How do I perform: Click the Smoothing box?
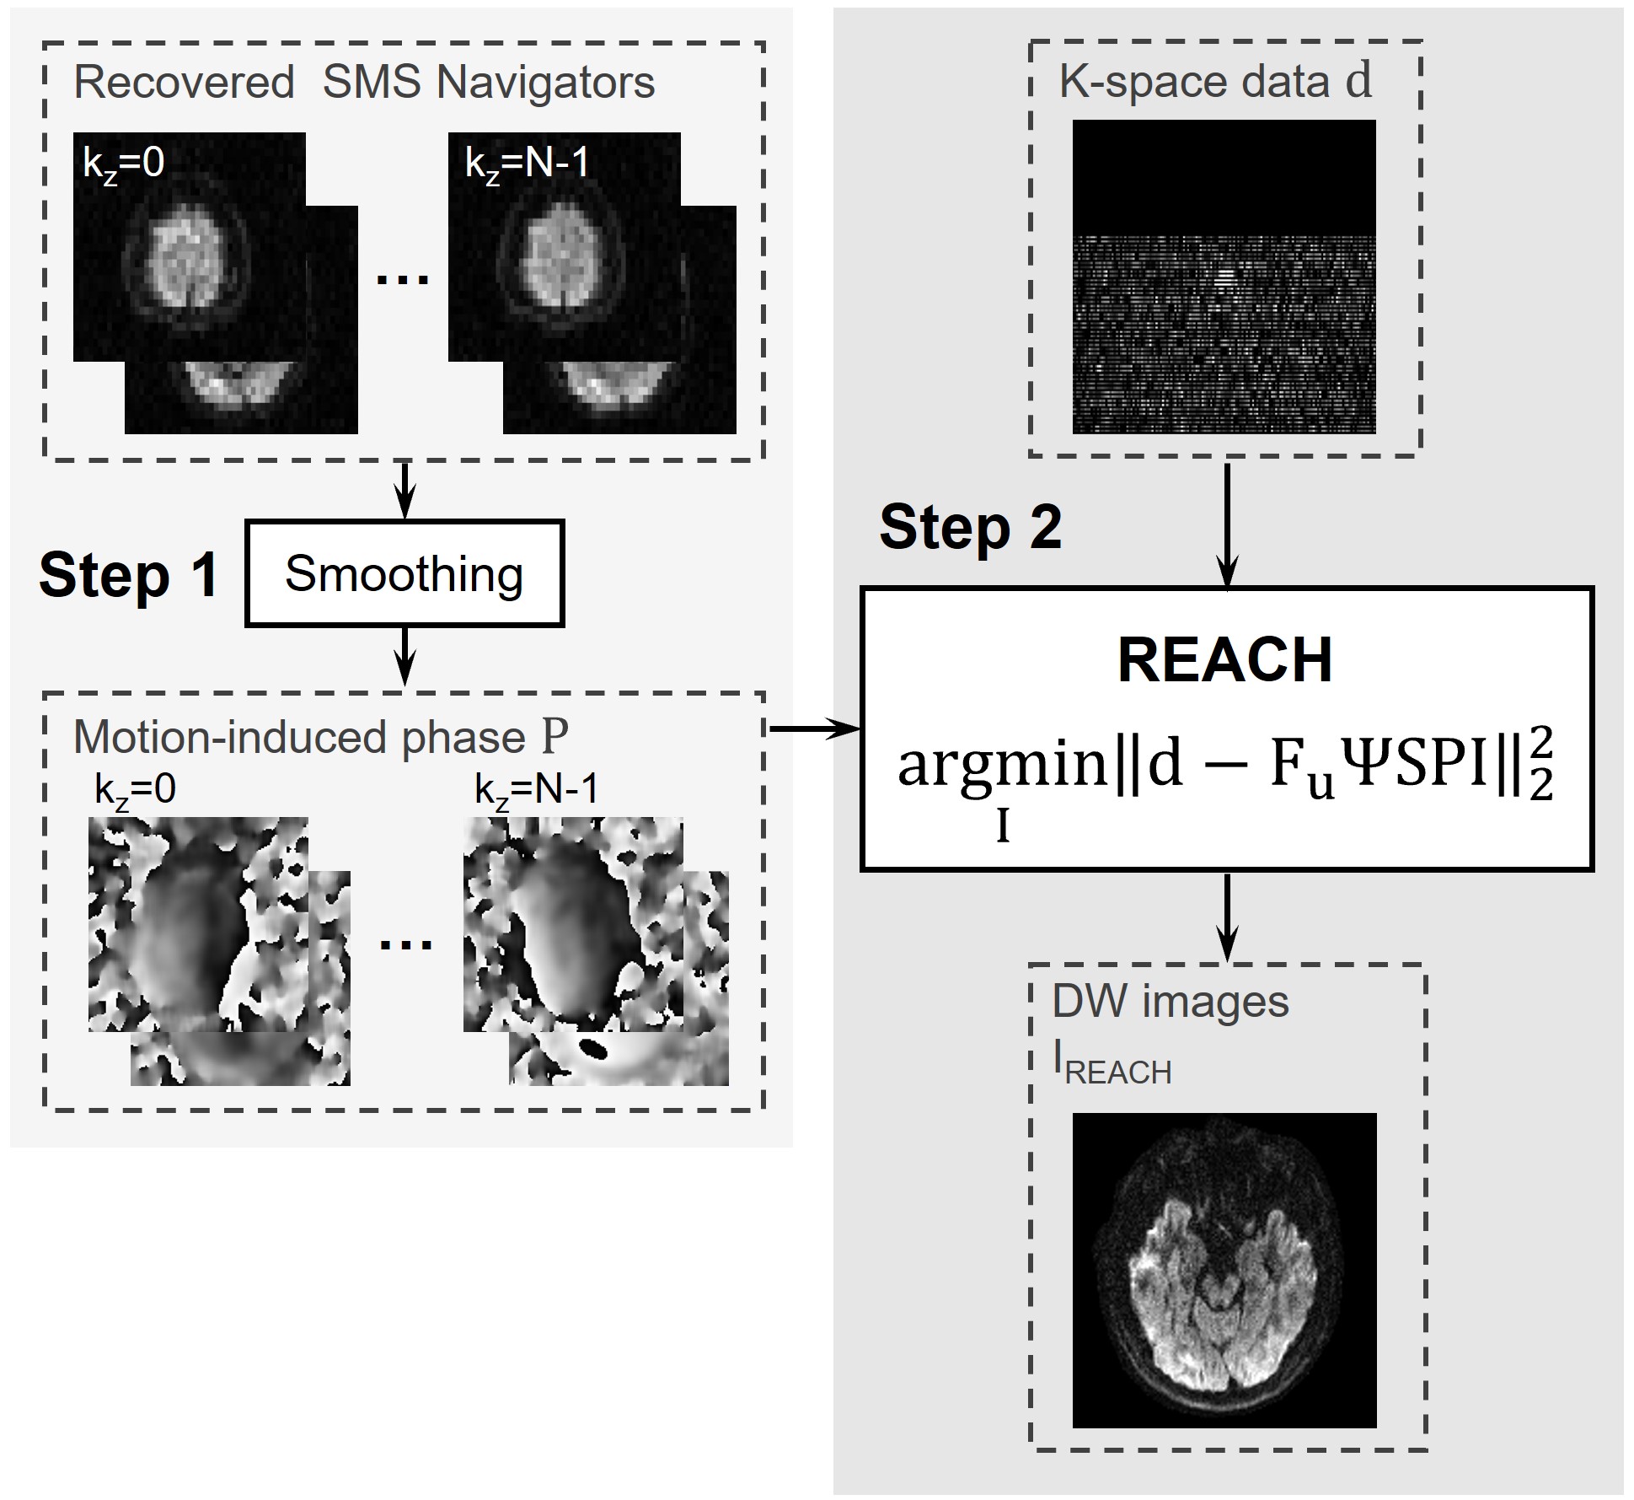404,573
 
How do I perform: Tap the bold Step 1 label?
129,576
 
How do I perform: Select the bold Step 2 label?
970,528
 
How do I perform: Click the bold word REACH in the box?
1224,660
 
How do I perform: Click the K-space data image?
1224,277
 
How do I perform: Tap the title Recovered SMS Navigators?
364,83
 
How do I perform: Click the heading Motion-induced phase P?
320,737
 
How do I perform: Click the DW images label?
1170,1002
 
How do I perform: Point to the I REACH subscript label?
1112,1066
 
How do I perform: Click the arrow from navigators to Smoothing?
405,489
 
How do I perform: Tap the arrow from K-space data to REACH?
1227,523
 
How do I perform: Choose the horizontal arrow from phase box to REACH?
813,728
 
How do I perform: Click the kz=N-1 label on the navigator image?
527,163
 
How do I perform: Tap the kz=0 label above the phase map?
136,790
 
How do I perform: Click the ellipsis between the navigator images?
403,278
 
